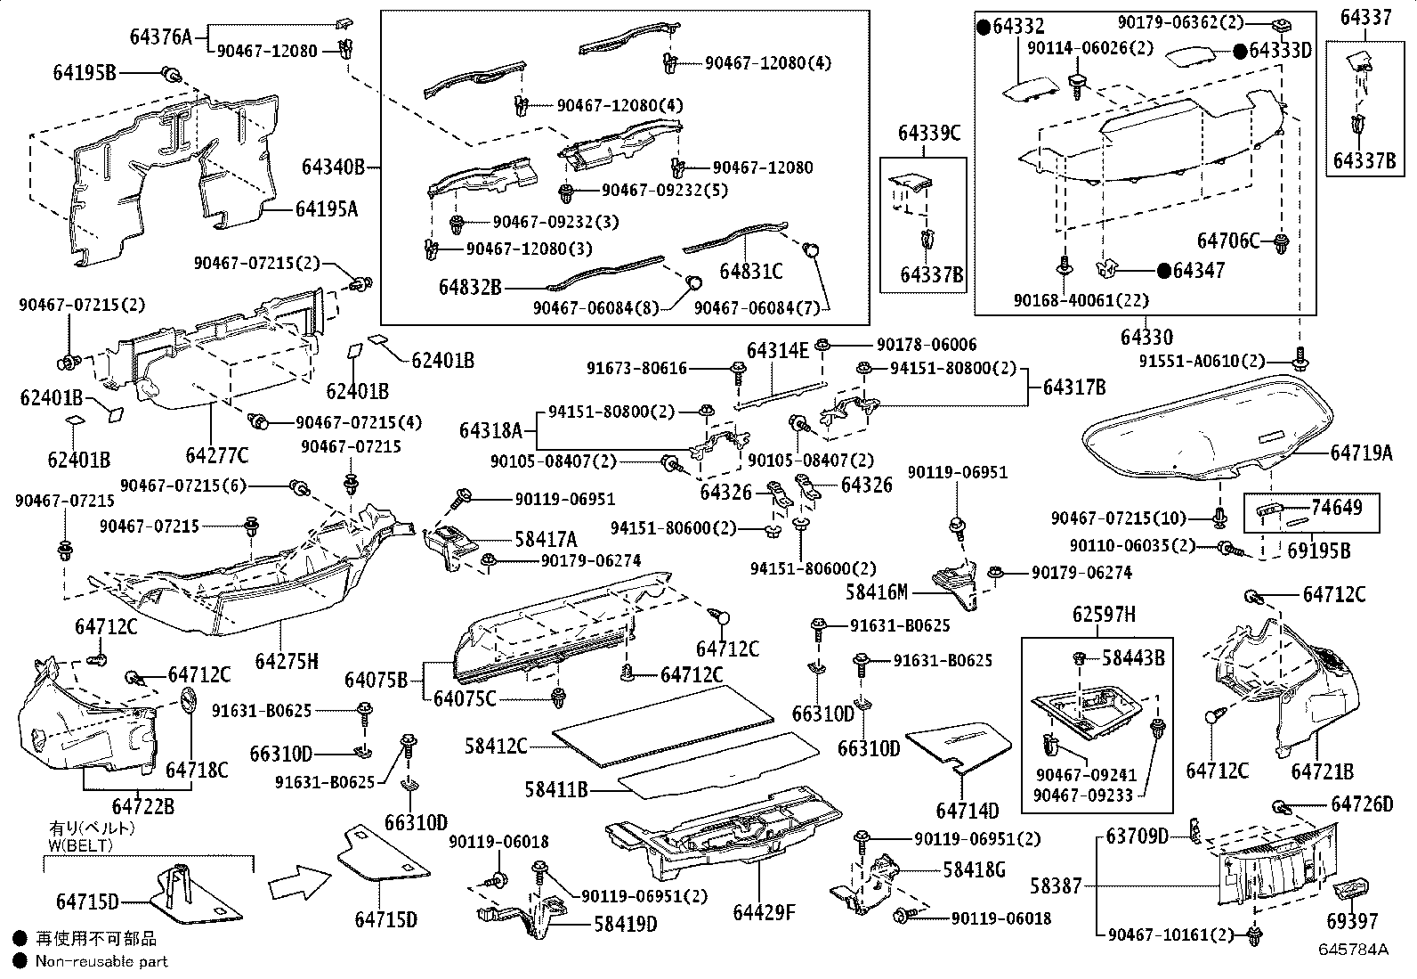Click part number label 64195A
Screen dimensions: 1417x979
(x=327, y=208)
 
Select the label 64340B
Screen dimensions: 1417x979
(x=334, y=167)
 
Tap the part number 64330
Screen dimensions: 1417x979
(x=1146, y=336)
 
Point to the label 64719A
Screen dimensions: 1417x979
(x=1361, y=453)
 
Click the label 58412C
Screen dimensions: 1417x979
(x=496, y=746)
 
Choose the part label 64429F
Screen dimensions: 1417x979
(x=765, y=912)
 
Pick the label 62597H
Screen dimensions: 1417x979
(x=1104, y=615)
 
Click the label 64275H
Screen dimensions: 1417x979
(x=287, y=661)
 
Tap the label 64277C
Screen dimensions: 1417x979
(x=217, y=454)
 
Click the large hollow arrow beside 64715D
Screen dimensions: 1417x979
(x=300, y=883)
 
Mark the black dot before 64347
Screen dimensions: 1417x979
(x=1164, y=271)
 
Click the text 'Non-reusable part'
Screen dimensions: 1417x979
(x=101, y=961)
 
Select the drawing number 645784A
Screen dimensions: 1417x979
(x=1353, y=950)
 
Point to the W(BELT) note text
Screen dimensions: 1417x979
(x=80, y=844)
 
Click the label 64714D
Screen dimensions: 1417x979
(x=968, y=811)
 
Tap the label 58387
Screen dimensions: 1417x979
(x=1056, y=885)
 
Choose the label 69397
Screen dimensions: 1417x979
(x=1352, y=921)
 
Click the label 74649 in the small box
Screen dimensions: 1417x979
(x=1337, y=507)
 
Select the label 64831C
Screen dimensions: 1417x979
(x=751, y=271)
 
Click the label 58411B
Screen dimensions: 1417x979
(x=556, y=789)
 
